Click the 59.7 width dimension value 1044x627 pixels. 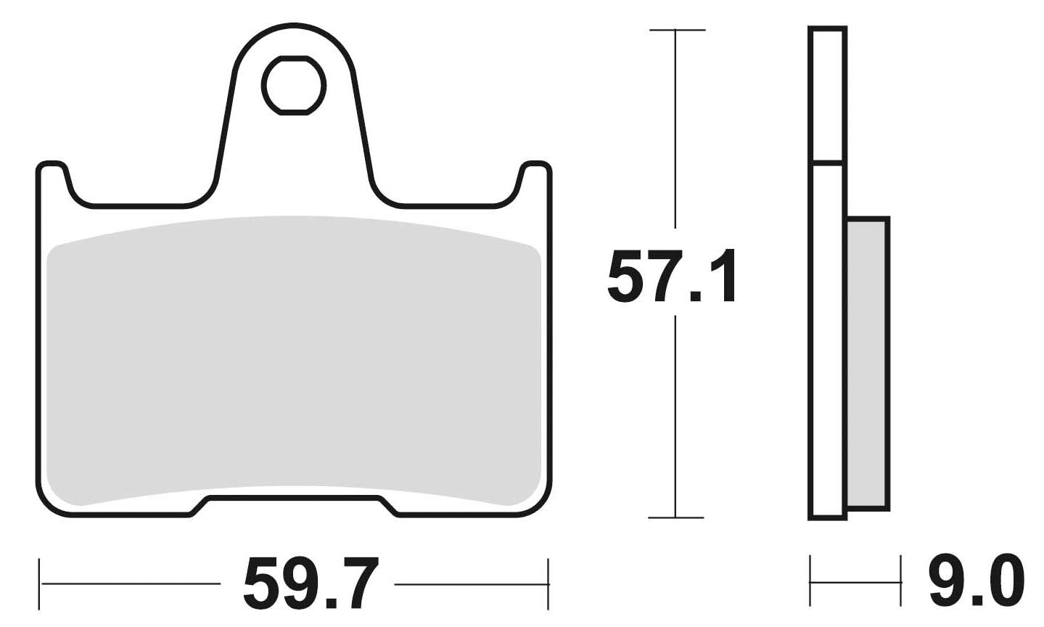pos(312,583)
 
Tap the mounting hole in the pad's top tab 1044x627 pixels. pos(293,86)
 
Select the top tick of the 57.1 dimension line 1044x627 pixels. pos(676,30)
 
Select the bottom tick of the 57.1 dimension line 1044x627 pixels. pos(675,517)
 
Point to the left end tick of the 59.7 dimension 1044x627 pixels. pos(41,583)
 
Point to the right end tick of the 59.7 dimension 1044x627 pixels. pos(548,583)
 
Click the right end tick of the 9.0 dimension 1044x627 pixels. pos(900,581)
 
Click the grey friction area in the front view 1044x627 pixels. pos(293,356)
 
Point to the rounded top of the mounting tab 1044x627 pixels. pos(293,29)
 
